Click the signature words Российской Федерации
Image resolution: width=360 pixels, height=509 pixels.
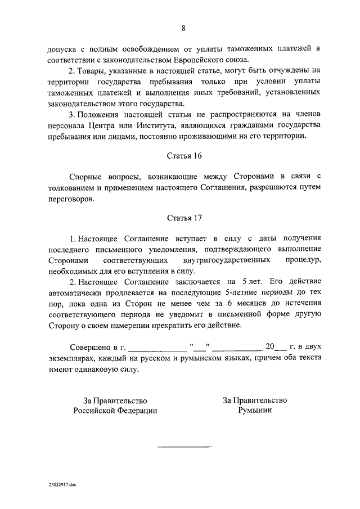pyautogui.click(x=115, y=411)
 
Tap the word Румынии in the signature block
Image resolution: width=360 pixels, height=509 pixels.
pyautogui.click(x=255, y=411)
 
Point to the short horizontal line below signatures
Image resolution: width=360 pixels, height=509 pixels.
pyautogui.click(x=184, y=447)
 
